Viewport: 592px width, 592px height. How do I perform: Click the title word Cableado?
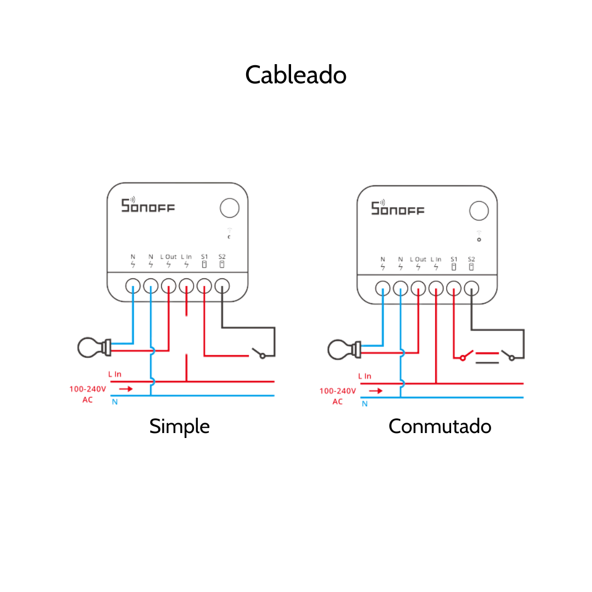(x=295, y=75)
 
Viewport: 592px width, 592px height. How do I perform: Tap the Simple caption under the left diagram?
(x=179, y=426)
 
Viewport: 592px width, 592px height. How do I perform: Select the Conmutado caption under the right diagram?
(x=440, y=426)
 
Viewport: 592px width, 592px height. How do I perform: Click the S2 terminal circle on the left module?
(x=222, y=286)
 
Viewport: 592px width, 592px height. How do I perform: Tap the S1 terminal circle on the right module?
(x=454, y=288)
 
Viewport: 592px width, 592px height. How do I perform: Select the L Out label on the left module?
(x=168, y=257)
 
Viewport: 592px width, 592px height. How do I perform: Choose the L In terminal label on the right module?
(x=436, y=259)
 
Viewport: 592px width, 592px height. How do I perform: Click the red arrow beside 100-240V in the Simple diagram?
(x=126, y=389)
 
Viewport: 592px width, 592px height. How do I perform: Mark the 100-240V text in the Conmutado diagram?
(x=338, y=391)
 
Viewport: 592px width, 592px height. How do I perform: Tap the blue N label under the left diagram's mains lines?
(x=115, y=402)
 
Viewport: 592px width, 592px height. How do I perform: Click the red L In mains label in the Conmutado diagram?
(x=365, y=376)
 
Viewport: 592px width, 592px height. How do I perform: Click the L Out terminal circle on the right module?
(x=418, y=288)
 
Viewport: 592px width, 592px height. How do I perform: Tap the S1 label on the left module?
(x=204, y=257)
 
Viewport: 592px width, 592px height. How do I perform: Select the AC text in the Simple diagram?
(x=88, y=400)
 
